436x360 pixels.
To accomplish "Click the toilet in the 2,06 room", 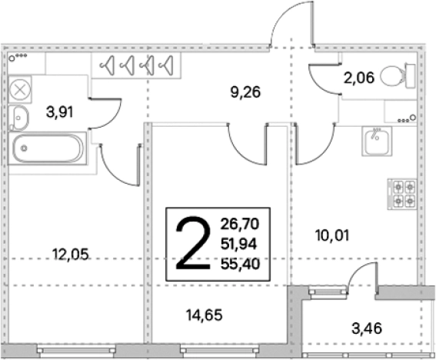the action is point(398,76).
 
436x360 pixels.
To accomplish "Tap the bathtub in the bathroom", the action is point(48,148).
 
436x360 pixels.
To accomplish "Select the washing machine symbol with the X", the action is point(20,89).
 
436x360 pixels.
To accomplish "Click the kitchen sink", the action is point(377,141).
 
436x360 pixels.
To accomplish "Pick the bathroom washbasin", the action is point(18,118).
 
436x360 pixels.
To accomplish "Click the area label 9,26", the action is point(245,92).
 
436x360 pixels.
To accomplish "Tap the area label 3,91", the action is point(59,112).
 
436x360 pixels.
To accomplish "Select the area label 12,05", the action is point(70,255).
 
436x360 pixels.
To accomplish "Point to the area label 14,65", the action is point(205,315).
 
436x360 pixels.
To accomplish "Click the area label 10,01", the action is point(332,235).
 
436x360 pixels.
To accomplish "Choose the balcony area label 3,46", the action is point(367,328).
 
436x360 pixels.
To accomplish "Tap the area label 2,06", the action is point(359,78).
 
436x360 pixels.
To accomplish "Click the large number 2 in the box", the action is point(193,243).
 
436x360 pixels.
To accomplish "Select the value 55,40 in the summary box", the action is point(240,264).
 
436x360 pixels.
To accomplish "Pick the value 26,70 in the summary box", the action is point(240,224).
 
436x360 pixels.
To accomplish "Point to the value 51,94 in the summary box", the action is point(239,244).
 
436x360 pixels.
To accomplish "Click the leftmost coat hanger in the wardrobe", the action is point(108,65).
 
